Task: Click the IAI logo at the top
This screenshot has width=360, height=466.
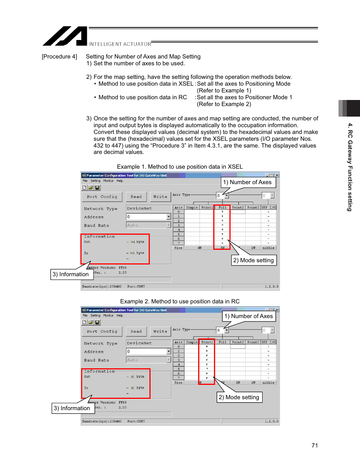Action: (x=65, y=36)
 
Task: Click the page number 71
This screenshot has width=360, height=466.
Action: (x=315, y=446)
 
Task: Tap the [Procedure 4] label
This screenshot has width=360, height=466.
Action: (x=59, y=57)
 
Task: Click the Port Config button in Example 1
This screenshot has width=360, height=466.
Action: (x=102, y=197)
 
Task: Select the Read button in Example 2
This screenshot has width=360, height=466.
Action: (x=136, y=331)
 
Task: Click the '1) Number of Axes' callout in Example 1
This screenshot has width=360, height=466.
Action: (x=248, y=182)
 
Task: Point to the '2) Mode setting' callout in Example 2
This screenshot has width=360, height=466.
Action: (x=239, y=397)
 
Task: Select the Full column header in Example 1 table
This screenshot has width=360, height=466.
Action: (x=223, y=208)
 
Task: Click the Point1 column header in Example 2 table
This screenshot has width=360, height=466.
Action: (x=207, y=342)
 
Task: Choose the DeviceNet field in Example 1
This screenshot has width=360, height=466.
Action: (x=148, y=208)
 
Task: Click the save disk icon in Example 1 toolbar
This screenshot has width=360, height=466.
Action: (x=97, y=188)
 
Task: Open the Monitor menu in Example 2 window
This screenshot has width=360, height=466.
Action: (x=108, y=315)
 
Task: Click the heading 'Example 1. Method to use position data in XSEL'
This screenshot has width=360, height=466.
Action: (x=180, y=167)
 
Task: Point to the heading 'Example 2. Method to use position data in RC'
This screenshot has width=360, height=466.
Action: (x=180, y=301)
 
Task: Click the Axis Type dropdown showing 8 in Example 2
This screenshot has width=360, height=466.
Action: (x=223, y=330)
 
